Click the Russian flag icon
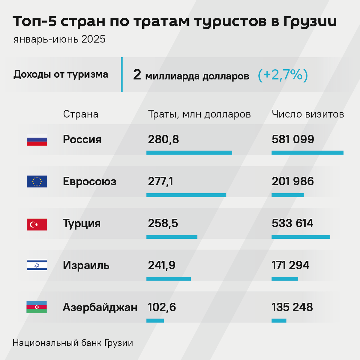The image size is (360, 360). (37, 140)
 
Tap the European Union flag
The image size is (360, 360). (37, 181)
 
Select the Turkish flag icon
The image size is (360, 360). (37, 224)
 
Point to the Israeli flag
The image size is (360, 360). (37, 265)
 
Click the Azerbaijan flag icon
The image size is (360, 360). (37, 307)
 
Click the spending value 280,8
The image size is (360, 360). (163, 139)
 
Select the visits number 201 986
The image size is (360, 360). (292, 181)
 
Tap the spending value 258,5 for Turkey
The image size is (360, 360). (163, 223)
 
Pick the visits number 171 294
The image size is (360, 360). (290, 265)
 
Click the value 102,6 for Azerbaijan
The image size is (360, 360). (162, 307)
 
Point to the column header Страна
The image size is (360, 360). (80, 114)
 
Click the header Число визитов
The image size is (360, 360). (308, 114)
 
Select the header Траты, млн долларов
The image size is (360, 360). (199, 114)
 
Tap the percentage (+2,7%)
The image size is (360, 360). (283, 75)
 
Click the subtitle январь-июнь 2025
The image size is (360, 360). (59, 39)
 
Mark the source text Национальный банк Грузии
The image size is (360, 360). (73, 343)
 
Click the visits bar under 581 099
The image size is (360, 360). (307, 153)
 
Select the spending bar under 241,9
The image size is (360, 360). (168, 279)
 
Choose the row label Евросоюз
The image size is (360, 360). (89, 181)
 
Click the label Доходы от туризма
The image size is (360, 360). (61, 74)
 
